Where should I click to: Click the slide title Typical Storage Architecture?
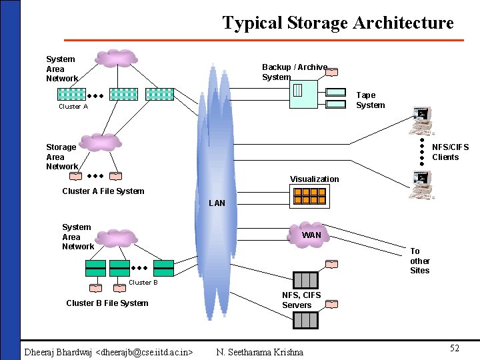click(337, 23)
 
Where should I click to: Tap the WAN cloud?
click(311, 234)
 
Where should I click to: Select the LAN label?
click(217, 203)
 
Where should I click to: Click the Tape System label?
click(370, 100)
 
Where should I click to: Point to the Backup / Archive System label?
click(294, 72)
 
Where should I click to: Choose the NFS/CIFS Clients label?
click(450, 152)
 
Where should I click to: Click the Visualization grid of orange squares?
click(309, 196)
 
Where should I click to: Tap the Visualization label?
click(314, 179)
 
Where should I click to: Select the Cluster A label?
click(73, 107)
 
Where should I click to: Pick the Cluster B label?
click(143, 283)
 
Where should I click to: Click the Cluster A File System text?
click(103, 191)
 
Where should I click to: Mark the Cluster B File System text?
click(107, 303)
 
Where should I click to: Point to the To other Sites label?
click(419, 261)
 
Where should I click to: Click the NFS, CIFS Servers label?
click(301, 300)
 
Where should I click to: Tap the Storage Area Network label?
click(61, 157)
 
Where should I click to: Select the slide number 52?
click(454, 349)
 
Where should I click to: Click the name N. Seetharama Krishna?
click(259, 352)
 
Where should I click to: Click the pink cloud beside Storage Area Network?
click(101, 141)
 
